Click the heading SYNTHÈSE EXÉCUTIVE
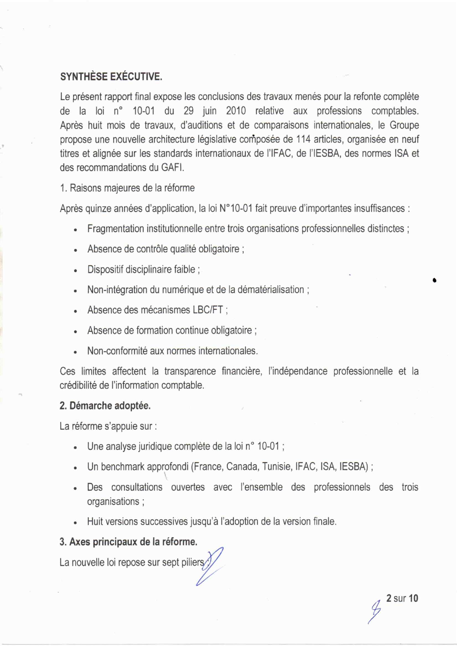pyautogui.click(x=111, y=77)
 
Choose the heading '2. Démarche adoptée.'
pyautogui.click(x=105, y=406)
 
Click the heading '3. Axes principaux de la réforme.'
pyautogui.click(x=128, y=542)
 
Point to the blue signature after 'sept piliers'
pyautogui.click(x=211, y=566)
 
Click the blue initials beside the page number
pyautogui.click(x=375, y=610)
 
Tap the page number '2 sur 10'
pyautogui.click(x=402, y=598)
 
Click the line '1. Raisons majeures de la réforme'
pyautogui.click(x=127, y=188)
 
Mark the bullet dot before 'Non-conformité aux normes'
pyautogui.click(x=75, y=352)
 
